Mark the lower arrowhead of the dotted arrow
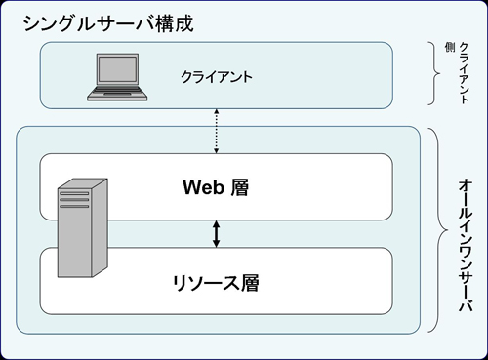click(216, 151)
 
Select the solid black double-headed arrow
click(217, 234)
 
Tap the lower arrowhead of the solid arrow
click(217, 244)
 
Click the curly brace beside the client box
click(436, 74)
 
